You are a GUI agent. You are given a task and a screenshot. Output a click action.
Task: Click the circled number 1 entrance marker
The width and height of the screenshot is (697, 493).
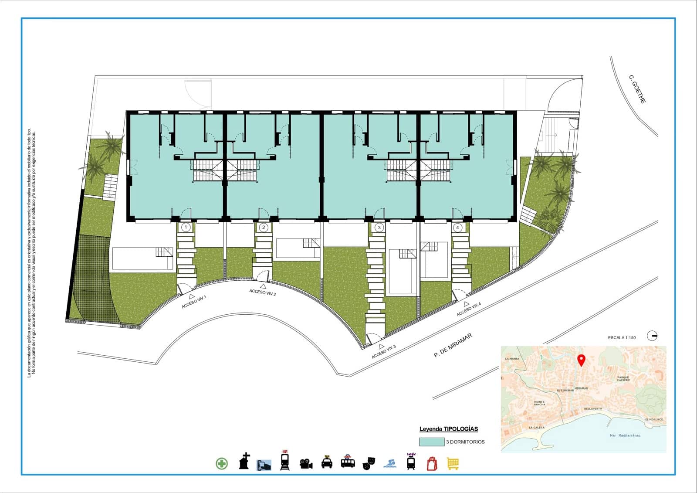click(186, 228)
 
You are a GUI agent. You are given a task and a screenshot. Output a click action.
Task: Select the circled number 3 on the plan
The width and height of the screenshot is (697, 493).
click(379, 228)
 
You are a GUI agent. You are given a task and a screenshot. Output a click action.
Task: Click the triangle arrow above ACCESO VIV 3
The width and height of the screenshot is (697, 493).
click(381, 346)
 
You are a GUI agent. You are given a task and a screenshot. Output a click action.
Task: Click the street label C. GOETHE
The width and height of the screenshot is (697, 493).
click(637, 89)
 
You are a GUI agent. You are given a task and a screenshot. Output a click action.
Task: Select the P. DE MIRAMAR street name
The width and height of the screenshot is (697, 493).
click(453, 346)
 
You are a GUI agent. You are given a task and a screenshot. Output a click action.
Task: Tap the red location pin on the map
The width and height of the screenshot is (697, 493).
click(581, 360)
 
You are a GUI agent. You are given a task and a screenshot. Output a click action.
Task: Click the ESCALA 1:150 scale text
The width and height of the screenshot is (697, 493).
click(622, 338)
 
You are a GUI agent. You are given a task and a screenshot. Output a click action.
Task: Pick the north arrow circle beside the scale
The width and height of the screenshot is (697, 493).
click(653, 336)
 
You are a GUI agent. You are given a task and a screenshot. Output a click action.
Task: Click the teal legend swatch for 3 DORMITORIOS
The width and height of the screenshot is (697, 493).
click(431, 442)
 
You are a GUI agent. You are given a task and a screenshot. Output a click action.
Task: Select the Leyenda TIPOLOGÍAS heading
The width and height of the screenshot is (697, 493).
click(448, 429)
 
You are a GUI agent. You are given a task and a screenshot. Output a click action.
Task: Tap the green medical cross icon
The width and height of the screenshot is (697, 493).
click(222, 463)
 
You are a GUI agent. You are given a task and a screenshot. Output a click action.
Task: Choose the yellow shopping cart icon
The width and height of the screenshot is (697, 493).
click(453, 464)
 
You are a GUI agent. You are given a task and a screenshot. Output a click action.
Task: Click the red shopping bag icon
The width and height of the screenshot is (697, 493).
click(431, 463)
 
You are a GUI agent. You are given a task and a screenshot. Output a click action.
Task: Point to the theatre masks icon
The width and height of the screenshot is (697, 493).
click(369, 463)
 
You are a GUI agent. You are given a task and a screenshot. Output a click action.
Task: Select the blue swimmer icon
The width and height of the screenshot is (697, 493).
click(390, 463)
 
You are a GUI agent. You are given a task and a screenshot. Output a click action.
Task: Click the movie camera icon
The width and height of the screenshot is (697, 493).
click(306, 463)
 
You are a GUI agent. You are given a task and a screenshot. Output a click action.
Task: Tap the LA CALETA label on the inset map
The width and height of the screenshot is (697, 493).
click(536, 428)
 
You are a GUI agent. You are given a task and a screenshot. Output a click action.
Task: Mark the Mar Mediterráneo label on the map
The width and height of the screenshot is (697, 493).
click(625, 435)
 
